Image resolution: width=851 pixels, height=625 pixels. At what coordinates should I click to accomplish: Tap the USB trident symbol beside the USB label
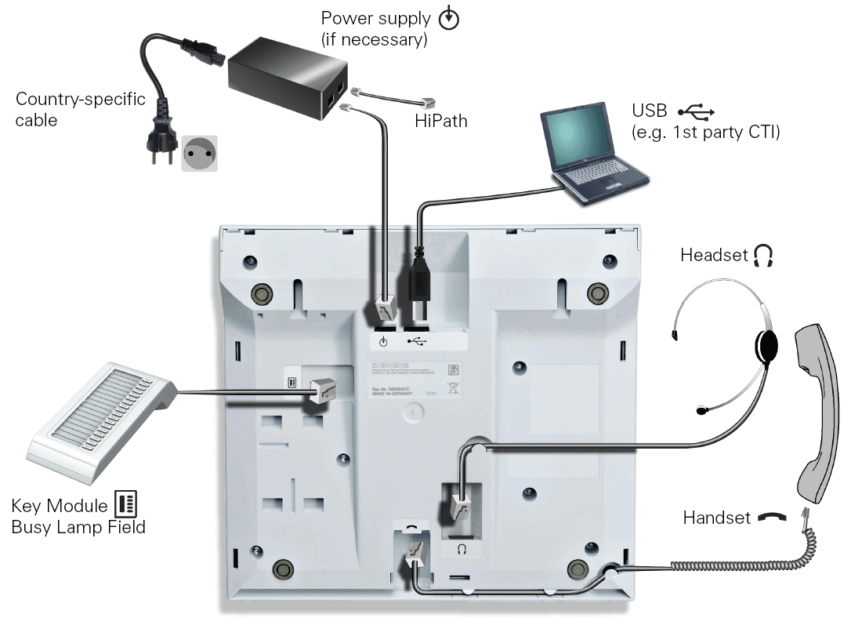point(697,111)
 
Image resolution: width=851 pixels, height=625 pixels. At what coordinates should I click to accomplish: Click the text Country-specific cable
point(81,110)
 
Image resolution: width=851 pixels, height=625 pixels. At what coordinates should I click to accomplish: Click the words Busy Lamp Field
point(78,527)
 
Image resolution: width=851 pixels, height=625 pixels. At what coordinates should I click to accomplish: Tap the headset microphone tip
point(702,409)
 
